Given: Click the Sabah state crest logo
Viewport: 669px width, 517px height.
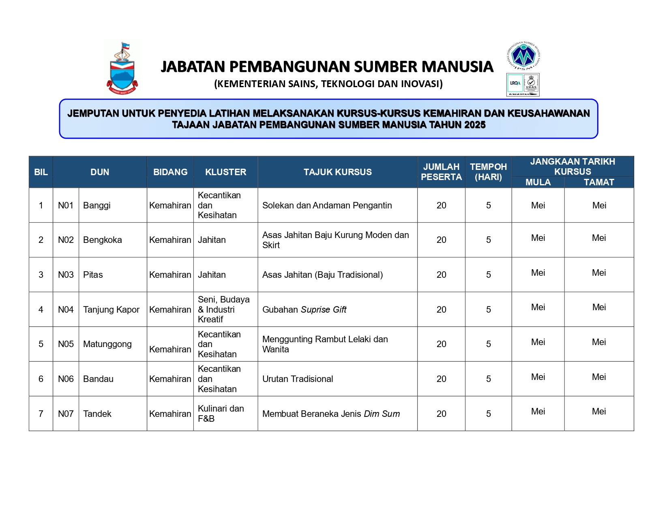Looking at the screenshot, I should click(x=122, y=68).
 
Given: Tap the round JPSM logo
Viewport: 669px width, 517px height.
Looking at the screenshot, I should click(x=523, y=55).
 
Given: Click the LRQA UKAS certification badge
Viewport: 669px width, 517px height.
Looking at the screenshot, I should click(x=523, y=85).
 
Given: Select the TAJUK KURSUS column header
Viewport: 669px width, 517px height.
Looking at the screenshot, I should click(x=337, y=172).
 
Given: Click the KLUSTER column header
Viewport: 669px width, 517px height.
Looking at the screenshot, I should click(x=225, y=172).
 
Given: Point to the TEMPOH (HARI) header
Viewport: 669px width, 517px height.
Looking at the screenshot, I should click(x=488, y=172).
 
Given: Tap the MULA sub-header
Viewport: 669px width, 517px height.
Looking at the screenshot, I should click(x=538, y=182).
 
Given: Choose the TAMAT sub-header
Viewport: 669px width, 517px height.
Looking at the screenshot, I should click(x=599, y=182).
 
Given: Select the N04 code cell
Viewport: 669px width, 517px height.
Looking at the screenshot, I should click(x=66, y=310).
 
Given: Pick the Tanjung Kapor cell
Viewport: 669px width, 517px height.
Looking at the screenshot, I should click(x=111, y=310).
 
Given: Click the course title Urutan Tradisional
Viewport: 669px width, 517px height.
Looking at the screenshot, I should click(x=298, y=379).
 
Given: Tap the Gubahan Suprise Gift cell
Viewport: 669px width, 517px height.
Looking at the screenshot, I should click(x=304, y=310).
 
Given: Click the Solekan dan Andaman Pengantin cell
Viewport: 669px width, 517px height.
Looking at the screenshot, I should click(x=327, y=206).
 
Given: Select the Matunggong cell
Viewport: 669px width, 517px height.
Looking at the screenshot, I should click(x=107, y=344).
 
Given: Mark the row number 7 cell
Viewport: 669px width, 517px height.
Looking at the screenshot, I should click(x=41, y=414).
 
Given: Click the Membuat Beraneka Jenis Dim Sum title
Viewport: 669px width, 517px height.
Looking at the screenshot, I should click(x=331, y=414).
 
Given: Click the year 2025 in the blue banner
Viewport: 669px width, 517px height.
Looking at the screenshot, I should click(x=475, y=125).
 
